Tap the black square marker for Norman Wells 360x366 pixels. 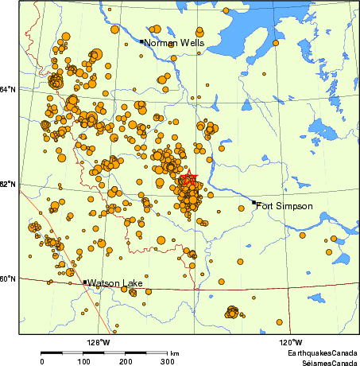coord(141,41)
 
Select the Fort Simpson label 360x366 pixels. coord(285,206)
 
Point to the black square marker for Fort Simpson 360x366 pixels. coord(254,203)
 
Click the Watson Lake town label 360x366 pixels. coord(114,283)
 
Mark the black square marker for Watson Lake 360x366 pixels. coord(85,282)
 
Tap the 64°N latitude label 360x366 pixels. coord(8,89)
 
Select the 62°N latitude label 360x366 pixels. coord(8,185)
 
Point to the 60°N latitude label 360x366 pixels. coord(8,278)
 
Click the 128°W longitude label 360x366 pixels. coord(98,342)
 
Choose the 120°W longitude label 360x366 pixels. coord(290,342)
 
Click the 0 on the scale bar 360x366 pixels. coord(41,361)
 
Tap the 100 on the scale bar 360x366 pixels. coord(83,361)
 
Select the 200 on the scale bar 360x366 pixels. coord(126,361)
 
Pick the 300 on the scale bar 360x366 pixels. coord(168,361)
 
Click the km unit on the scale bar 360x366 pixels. coord(174,352)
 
